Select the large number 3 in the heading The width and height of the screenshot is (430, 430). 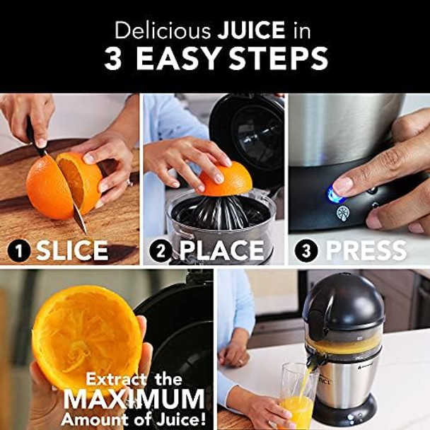pos(113,59)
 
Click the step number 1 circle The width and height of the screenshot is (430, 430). pos(20,251)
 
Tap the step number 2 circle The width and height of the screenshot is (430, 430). pos(163,251)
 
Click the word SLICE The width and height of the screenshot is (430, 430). pos(73,251)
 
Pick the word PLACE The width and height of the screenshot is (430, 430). pos(221,251)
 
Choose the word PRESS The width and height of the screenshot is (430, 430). pos(365,251)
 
